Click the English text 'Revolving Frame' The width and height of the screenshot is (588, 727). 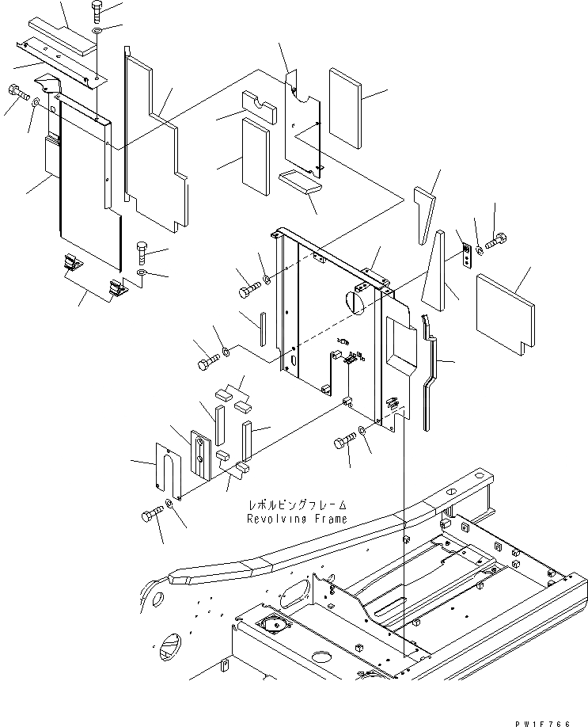[296, 519]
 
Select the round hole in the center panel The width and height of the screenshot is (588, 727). [355, 301]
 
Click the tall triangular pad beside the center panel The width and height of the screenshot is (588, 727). [434, 274]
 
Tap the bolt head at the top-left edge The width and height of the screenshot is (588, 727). [16, 93]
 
